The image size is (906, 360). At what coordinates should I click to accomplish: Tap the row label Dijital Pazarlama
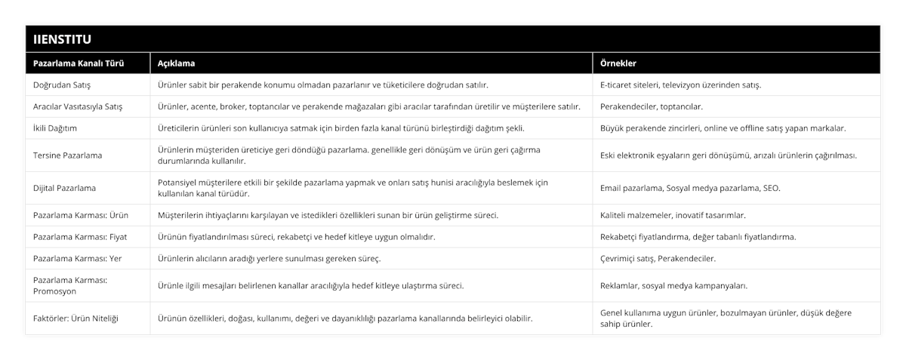65,188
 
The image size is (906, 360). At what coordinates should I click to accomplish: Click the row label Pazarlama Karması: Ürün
81,215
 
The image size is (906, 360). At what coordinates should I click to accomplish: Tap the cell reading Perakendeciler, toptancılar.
652,106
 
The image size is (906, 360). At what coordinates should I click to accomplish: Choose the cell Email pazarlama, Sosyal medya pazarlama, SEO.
690,188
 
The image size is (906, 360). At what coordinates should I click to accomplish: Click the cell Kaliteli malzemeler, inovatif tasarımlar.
673,215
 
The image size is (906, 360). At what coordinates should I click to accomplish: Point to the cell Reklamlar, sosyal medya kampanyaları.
674,286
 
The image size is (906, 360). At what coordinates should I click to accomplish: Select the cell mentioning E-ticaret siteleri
680,85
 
